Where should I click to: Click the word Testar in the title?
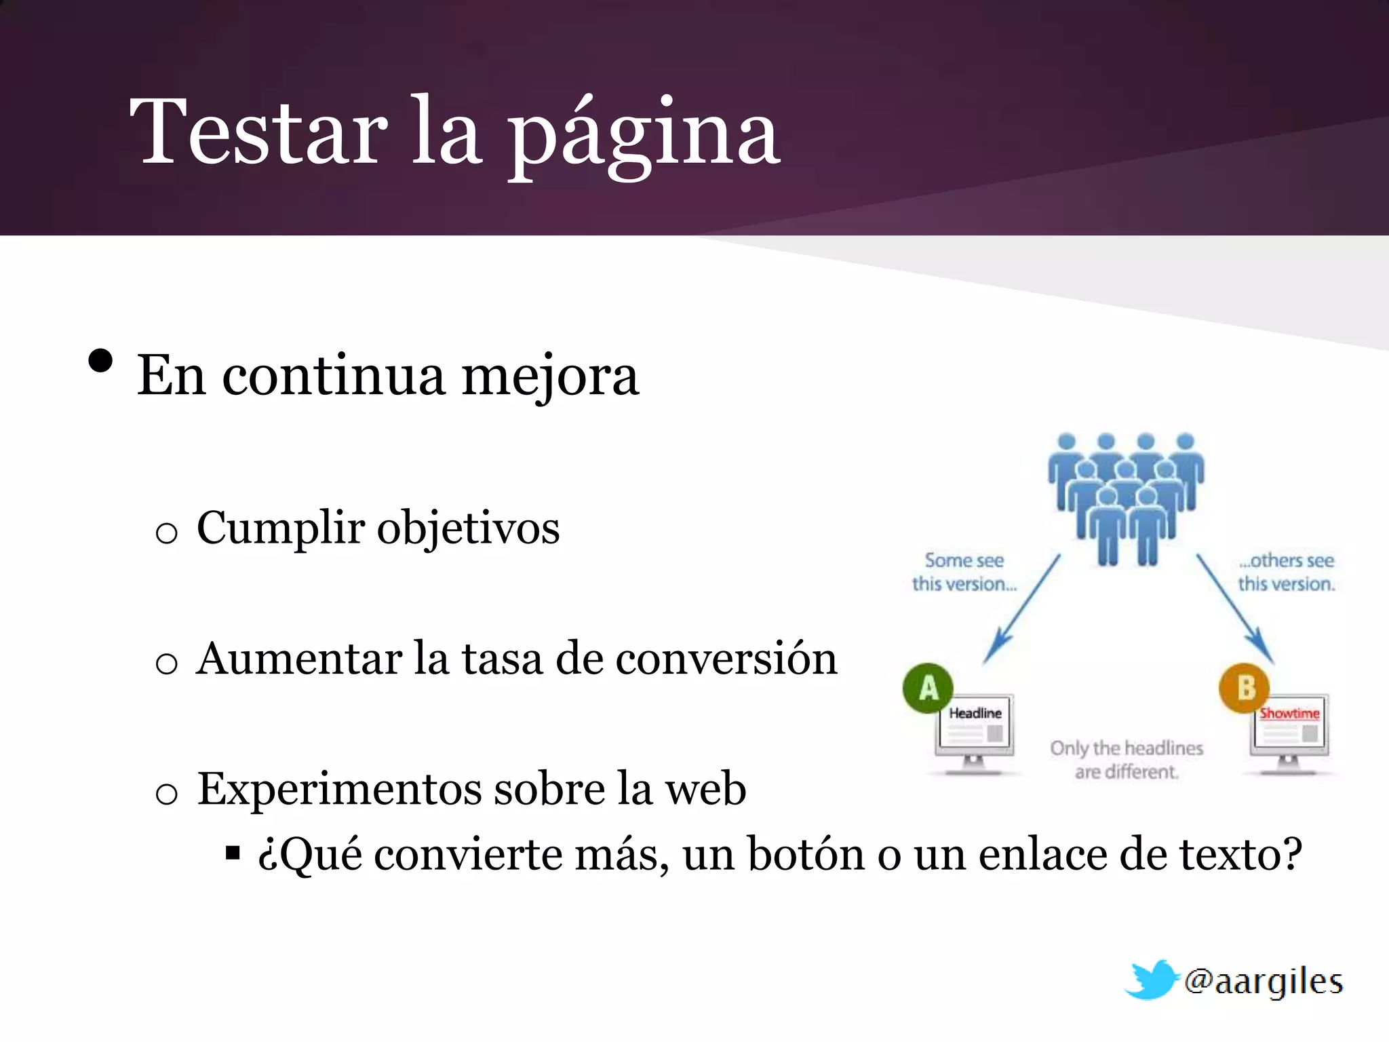258,132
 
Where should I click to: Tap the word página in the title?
644,136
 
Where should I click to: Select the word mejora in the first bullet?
550,377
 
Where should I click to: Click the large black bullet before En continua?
100,362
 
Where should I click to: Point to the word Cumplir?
281,528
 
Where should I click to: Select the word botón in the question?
806,854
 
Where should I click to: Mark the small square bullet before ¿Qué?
233,853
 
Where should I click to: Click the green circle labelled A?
928,688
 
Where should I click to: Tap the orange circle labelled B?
1245,688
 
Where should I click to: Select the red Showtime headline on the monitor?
1289,714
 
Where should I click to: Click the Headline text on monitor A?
975,714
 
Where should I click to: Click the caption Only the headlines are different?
1127,760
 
